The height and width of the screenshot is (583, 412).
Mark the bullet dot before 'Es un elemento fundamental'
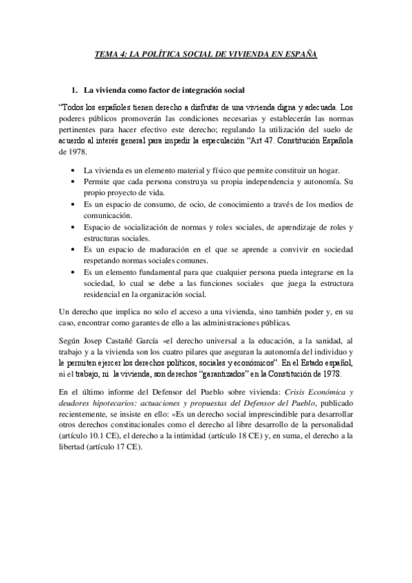tap(74, 272)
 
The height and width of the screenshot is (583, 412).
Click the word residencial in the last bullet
tap(102, 295)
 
